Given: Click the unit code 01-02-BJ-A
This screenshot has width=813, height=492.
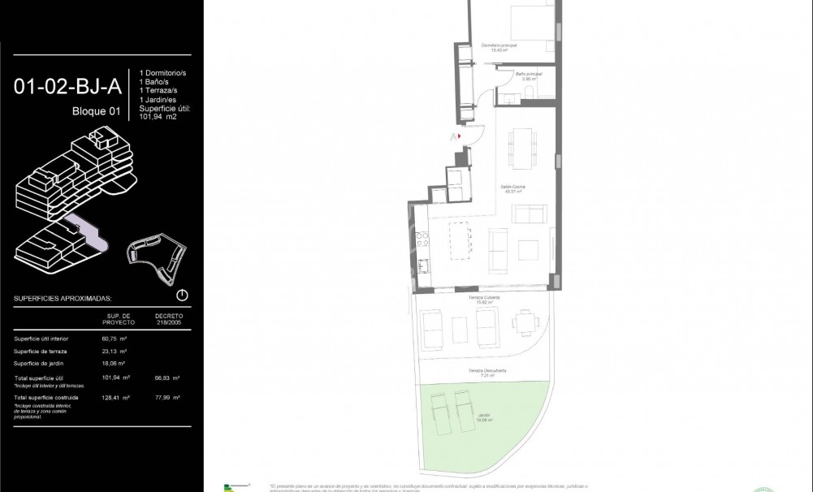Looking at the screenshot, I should coord(67,87).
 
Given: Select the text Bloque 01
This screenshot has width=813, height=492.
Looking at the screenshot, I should coord(95,112).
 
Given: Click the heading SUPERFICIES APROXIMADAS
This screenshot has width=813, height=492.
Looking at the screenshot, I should coord(63,299).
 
